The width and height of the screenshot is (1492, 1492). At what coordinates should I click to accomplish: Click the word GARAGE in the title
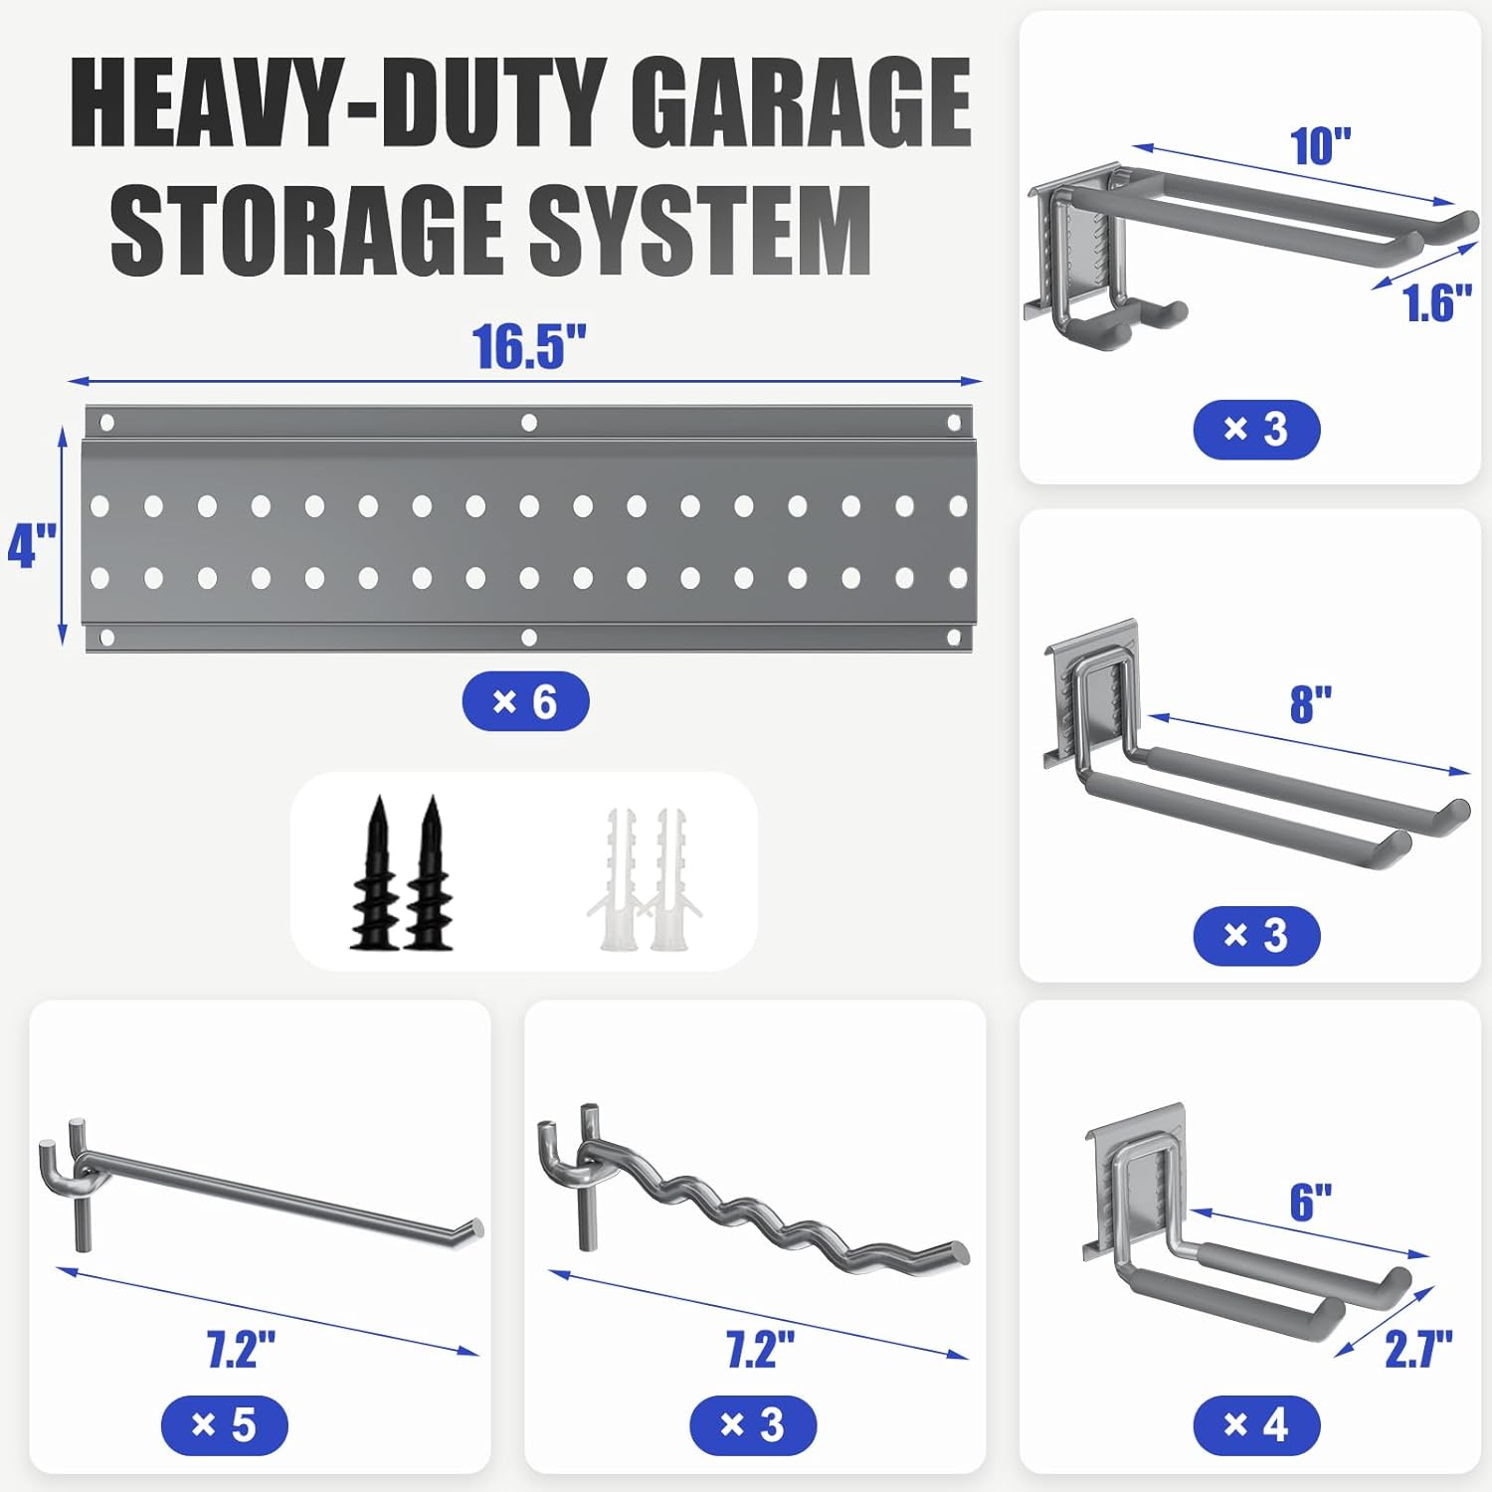tap(800, 102)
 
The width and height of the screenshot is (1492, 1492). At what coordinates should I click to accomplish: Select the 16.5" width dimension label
tap(529, 347)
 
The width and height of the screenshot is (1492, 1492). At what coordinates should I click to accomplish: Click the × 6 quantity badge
tap(525, 702)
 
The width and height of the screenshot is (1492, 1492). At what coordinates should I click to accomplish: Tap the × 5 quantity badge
tap(224, 1424)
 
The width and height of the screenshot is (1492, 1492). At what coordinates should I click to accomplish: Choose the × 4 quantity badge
tap(1256, 1424)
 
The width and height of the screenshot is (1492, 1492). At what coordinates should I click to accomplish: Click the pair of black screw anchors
tap(402, 875)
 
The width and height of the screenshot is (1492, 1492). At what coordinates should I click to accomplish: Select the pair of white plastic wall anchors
tap(648, 881)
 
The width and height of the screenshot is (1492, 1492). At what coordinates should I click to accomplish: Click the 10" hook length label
tap(1321, 147)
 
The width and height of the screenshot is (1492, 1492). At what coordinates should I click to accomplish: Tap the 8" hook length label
tap(1310, 704)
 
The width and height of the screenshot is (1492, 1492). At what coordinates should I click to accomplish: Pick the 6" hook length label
tap(1310, 1202)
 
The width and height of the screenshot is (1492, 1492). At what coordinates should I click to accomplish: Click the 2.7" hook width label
tap(1418, 1350)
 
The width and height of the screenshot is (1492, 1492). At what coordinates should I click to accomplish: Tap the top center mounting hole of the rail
tap(529, 423)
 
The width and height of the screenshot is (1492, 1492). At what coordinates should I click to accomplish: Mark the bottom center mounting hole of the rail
tap(529, 637)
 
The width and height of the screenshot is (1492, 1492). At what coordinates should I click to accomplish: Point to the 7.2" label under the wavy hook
tap(760, 1350)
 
